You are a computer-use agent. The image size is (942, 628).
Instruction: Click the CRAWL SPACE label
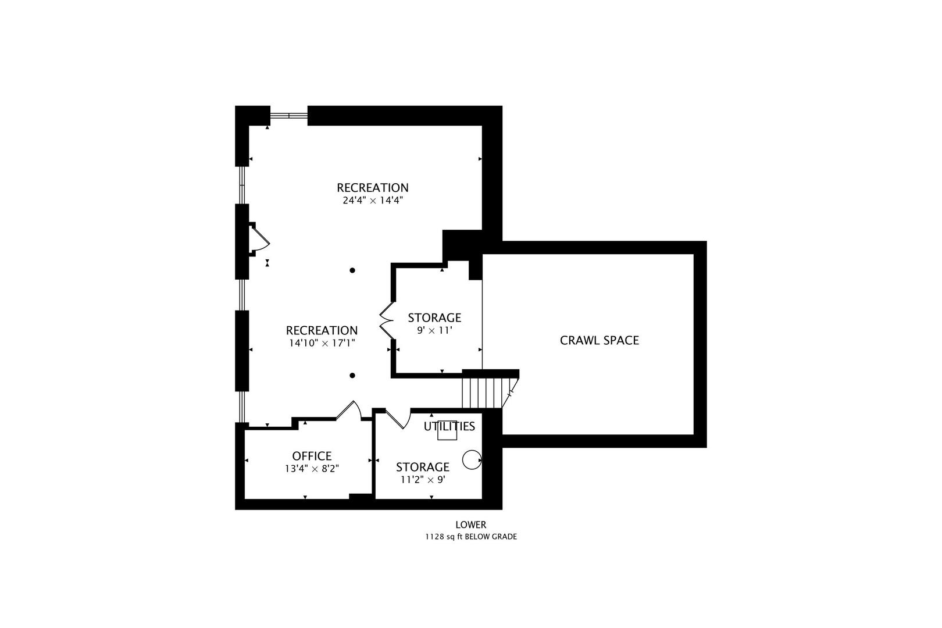tap(599, 340)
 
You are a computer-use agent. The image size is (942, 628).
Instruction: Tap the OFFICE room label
tap(312, 456)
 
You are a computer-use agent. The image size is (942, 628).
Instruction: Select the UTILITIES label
tap(449, 426)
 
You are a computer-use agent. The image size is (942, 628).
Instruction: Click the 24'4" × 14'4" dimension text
tap(373, 201)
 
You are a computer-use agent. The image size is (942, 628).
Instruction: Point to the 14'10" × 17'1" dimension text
tap(322, 343)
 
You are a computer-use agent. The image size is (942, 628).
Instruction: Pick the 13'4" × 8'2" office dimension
tap(312, 469)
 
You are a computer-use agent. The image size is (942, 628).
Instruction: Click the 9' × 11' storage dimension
tap(434, 330)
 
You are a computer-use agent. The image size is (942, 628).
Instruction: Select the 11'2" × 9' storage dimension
tap(423, 480)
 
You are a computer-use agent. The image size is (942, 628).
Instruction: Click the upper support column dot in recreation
tap(352, 270)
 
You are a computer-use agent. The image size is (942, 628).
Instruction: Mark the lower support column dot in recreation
tap(352, 376)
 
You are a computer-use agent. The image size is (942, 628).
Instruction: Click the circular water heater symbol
tap(471, 459)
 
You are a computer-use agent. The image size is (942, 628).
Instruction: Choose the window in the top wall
tap(289, 115)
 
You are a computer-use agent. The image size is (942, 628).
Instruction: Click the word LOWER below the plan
tap(471, 525)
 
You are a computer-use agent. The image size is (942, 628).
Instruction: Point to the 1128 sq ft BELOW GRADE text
tap(471, 537)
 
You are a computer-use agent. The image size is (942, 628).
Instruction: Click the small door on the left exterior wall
tap(259, 238)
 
